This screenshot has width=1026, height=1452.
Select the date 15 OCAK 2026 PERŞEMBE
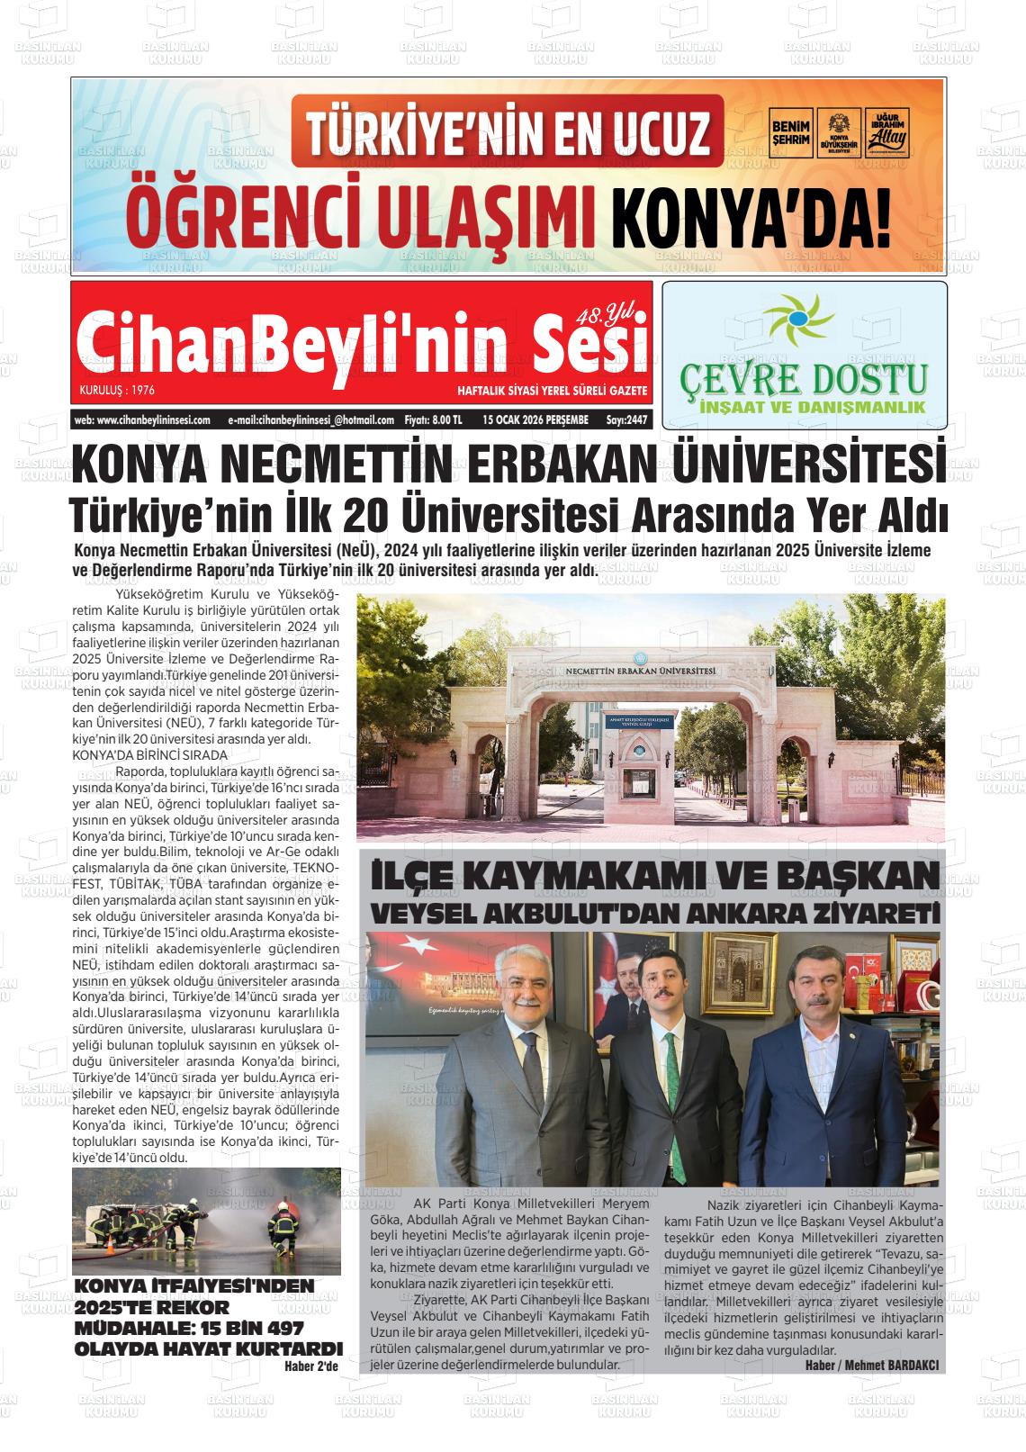(x=535, y=419)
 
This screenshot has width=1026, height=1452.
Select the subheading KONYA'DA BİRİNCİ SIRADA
(x=149, y=754)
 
